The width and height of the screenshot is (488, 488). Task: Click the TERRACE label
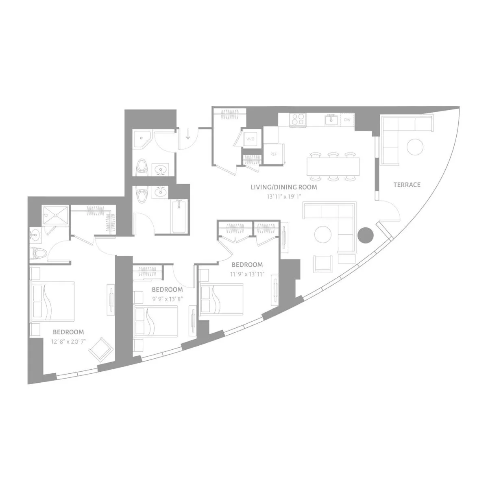coord(407,185)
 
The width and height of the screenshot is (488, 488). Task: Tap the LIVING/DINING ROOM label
coord(283,187)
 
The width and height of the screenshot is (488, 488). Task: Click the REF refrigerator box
coord(273,155)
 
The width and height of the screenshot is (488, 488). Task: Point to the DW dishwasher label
coord(347,120)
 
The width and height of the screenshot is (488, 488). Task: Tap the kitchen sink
coord(331,120)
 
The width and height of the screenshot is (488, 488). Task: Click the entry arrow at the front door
coord(188,134)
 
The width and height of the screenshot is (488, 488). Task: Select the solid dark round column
coord(365,235)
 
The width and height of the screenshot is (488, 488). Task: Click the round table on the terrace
coord(415,147)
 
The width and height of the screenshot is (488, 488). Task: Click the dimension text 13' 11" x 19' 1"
coord(283,196)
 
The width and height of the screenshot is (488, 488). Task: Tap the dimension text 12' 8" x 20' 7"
coord(68,342)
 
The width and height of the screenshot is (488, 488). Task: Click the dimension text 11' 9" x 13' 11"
coord(247,274)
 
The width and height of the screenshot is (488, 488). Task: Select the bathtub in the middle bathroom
coord(179,216)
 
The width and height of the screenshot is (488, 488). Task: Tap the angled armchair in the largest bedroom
coord(100,348)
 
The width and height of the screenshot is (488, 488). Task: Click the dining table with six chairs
coord(333,166)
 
